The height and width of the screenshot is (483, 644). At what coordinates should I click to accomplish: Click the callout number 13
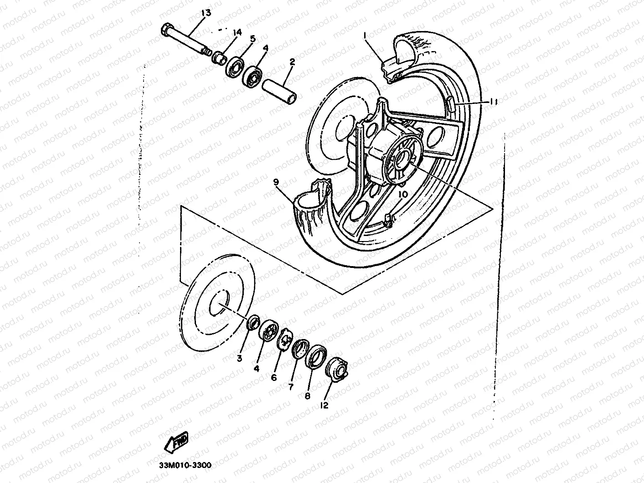click(206, 13)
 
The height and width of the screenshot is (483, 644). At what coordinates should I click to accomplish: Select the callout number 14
click(237, 32)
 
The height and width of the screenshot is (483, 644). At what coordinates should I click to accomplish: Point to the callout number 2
click(292, 62)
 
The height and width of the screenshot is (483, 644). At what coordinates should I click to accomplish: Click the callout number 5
click(252, 38)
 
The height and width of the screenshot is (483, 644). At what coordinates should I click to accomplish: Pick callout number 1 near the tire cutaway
click(365, 35)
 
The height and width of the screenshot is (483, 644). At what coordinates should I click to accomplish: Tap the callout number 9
click(276, 181)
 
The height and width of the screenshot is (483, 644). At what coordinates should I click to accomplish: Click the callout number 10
click(402, 194)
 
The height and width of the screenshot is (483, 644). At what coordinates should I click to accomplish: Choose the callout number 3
click(239, 359)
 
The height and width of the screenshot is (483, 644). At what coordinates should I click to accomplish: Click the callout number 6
click(274, 378)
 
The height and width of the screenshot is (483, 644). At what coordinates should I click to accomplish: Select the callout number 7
click(290, 387)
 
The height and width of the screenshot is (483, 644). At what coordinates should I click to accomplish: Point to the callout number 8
click(308, 396)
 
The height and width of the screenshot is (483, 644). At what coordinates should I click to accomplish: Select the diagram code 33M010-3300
click(179, 465)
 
